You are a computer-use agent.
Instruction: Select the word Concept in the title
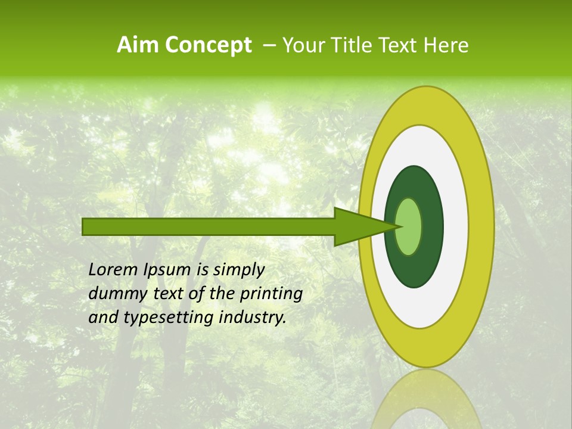tap(207, 45)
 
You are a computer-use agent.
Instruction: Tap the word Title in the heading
tap(355, 45)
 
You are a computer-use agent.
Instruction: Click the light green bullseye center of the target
tap(409, 226)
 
